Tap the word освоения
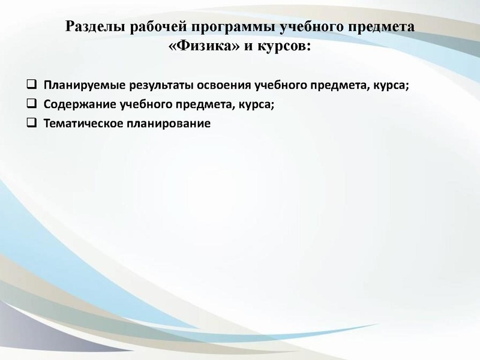(x=212, y=85)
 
